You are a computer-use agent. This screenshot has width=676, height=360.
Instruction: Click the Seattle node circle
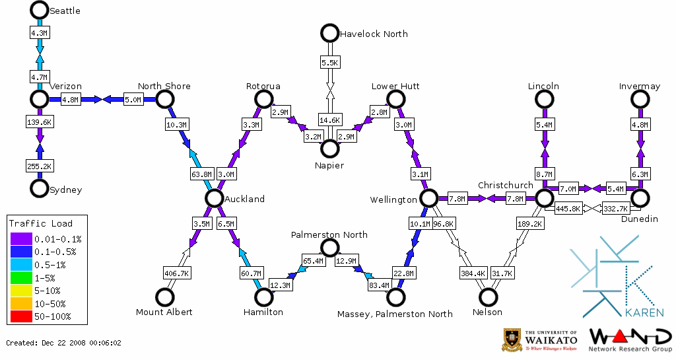click(x=40, y=10)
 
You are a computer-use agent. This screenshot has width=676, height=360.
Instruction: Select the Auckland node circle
click(x=213, y=198)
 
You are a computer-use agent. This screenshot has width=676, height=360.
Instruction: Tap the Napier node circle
click(x=329, y=148)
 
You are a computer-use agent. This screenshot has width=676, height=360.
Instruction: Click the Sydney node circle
click(x=40, y=189)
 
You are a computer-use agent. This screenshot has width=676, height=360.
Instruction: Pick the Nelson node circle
click(x=488, y=297)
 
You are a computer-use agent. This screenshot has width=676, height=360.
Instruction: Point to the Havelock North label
click(x=374, y=34)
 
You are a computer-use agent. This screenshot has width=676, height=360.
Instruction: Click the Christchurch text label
click(x=505, y=185)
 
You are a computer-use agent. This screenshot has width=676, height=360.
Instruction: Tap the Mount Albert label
click(x=164, y=312)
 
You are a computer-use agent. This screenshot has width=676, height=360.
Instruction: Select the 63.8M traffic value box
click(x=202, y=174)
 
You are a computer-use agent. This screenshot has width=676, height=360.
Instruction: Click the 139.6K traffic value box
click(x=40, y=122)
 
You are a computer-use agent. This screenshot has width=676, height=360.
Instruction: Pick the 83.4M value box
click(x=378, y=286)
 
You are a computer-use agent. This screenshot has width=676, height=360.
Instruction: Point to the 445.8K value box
click(x=568, y=209)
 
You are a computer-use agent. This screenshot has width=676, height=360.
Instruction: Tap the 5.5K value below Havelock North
click(x=329, y=63)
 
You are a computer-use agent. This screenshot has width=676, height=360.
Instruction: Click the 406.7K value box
click(x=177, y=273)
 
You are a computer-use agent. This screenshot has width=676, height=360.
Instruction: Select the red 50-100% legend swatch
click(x=20, y=316)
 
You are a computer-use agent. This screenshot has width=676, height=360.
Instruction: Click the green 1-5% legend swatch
click(x=20, y=279)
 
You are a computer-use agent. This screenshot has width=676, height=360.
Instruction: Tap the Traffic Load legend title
click(x=41, y=223)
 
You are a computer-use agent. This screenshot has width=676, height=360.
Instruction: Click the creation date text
click(x=64, y=343)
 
